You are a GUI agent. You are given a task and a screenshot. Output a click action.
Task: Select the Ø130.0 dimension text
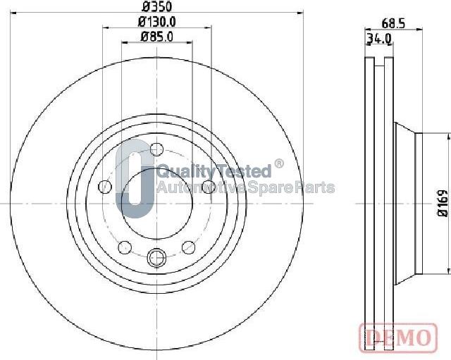click(x=156, y=23)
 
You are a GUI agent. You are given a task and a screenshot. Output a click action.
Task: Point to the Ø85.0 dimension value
click(x=156, y=37)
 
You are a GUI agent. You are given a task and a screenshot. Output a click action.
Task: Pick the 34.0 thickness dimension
click(x=379, y=39)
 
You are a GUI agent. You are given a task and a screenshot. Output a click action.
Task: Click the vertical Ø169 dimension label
click(x=442, y=204)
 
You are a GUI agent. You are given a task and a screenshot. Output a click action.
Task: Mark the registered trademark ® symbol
click(x=279, y=164)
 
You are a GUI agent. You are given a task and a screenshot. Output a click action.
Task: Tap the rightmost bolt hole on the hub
click(x=208, y=187)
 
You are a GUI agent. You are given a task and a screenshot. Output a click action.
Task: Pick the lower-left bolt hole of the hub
click(x=125, y=247)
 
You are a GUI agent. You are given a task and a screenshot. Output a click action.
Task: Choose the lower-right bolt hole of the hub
click(x=188, y=247)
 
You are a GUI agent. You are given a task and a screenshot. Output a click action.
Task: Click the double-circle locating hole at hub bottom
click(x=156, y=259)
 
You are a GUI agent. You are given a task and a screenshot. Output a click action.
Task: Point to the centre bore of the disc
click(x=156, y=204)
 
